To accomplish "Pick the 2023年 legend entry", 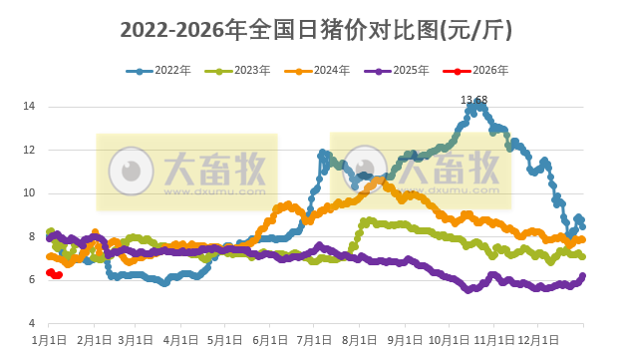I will pos(243,71).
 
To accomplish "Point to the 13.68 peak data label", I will pos(473,100).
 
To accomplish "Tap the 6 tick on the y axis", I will pos(33,280).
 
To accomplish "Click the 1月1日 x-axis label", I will pos(49,340).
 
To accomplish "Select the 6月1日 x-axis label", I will pos(269,340).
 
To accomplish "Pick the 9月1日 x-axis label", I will pos(404,340).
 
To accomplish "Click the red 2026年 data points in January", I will pos(55,274).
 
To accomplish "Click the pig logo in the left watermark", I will pos(129,169).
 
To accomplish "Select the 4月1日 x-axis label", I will pos(180,340).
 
